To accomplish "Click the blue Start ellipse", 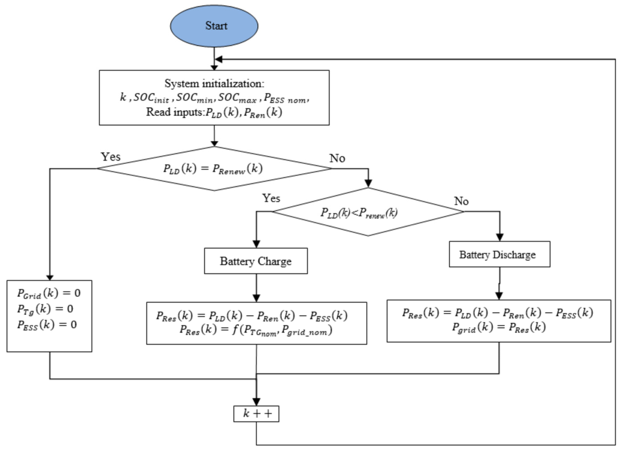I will coord(214,26).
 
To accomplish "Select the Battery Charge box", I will coord(256,261).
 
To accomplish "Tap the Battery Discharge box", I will coord(499,254).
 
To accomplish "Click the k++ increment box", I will coord(256,414).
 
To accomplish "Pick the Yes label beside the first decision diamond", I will coord(111,157).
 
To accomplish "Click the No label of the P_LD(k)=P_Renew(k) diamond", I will coord(337,158).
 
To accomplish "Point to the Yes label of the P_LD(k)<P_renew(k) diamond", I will coord(271,198).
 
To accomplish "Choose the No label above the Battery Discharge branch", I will coord(461,201).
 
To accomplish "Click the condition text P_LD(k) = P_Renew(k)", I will coord(213,169).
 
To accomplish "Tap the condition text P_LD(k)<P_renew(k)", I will coord(359,213).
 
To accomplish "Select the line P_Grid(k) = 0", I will coord(49,293).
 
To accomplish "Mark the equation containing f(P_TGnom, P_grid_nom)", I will coord(256,330).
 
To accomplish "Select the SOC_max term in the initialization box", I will coord(237,98).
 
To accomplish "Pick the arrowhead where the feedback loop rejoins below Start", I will coord(219,59).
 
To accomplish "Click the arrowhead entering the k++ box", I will coord(256,402).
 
